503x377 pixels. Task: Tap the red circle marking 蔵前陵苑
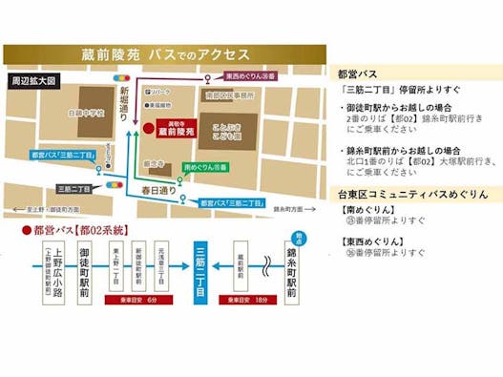(x=149, y=127)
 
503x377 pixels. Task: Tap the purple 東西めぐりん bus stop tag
(x=249, y=74)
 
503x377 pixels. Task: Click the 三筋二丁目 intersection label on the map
(x=79, y=188)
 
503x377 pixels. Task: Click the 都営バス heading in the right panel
(x=358, y=73)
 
